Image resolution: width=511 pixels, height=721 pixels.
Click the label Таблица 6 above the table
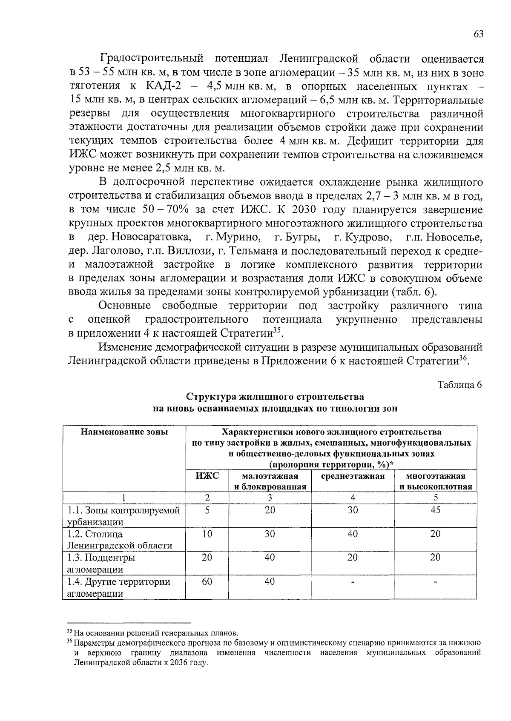460,385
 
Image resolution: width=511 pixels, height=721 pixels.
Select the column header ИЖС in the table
207,476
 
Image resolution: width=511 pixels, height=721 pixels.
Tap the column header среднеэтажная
353,476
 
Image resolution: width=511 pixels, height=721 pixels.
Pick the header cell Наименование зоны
124,432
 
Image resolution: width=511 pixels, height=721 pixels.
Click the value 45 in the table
435,510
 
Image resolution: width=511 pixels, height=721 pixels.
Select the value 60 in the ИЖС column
207,581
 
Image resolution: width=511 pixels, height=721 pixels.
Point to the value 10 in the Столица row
207,534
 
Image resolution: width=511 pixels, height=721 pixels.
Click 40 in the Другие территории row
270,581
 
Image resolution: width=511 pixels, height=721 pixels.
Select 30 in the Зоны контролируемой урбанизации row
353,510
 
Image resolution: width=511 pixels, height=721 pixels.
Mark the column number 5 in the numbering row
436,498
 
